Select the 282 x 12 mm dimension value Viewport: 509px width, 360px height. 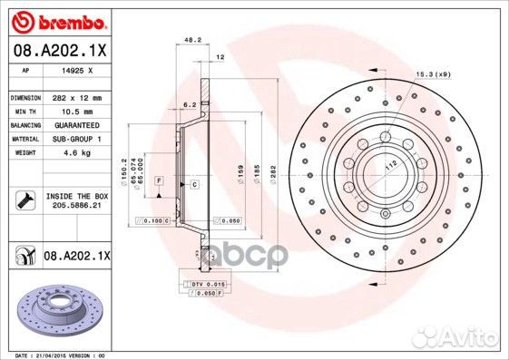click(x=76, y=96)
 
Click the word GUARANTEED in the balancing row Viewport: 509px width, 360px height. click(x=77, y=124)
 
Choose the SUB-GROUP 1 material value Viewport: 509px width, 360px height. click(x=77, y=139)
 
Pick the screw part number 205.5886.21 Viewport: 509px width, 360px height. click(x=75, y=205)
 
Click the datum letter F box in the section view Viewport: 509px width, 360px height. click(x=158, y=182)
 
